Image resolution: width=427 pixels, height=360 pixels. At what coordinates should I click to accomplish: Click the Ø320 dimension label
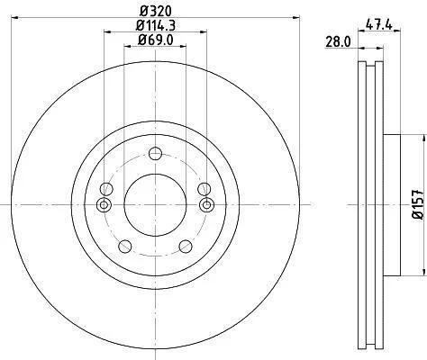click(156, 12)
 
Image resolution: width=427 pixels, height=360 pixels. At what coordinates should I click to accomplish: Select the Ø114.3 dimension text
click(156, 25)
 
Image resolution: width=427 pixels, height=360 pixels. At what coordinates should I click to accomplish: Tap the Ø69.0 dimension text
click(156, 40)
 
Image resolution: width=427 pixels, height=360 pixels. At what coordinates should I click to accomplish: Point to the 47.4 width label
click(379, 24)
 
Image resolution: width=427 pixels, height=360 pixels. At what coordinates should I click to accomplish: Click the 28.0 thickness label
click(338, 41)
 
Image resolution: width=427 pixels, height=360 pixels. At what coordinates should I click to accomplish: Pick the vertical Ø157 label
click(418, 204)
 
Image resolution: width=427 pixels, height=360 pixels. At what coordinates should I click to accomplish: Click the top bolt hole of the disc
click(156, 154)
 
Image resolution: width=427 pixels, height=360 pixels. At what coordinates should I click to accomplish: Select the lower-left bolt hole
click(125, 247)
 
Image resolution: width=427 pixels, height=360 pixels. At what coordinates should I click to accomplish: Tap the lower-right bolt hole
click(186, 247)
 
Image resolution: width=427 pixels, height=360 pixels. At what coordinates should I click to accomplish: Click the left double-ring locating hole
click(104, 205)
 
